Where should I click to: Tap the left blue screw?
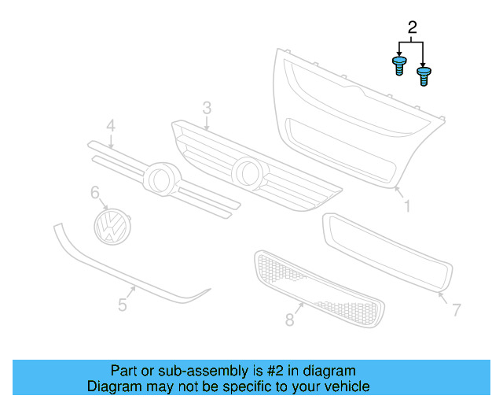point(398,65)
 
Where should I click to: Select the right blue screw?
point(424,76)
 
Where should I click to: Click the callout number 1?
point(407,206)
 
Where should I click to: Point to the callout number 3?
point(207,107)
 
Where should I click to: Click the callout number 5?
point(123,305)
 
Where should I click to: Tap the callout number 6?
point(95,192)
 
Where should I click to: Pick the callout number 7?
point(456,310)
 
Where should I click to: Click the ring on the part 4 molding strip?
point(162,178)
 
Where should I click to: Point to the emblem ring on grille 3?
point(248,172)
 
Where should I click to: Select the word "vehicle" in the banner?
point(346,386)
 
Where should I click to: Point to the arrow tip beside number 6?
point(107,209)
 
